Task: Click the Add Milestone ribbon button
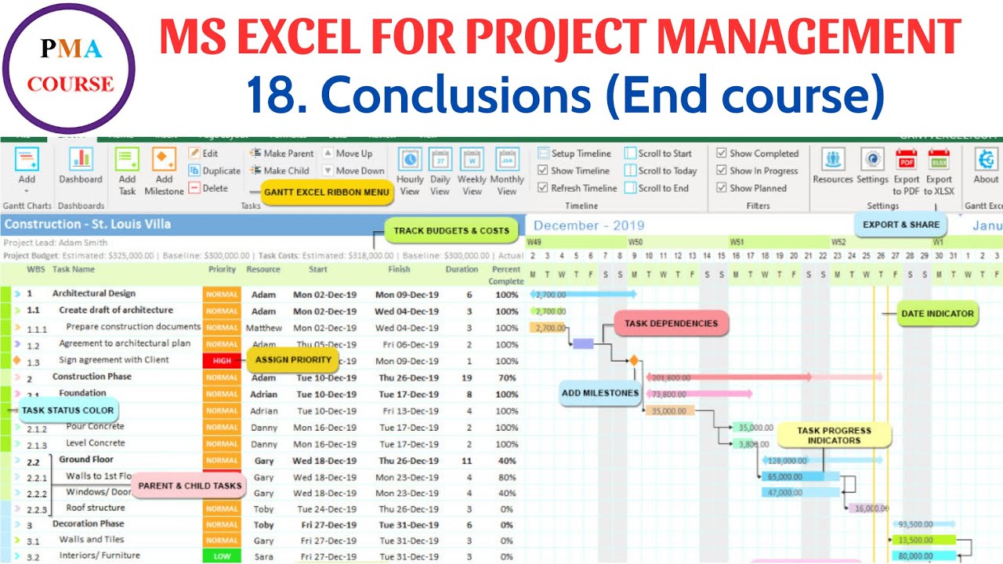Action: click(165, 172)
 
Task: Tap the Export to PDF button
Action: click(907, 172)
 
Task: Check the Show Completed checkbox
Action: click(722, 154)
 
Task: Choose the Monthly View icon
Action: click(507, 172)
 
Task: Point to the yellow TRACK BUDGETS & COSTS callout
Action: click(451, 231)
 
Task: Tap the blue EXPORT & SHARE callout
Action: click(900, 224)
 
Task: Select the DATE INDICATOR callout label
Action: click(937, 313)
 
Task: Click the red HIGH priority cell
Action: click(222, 361)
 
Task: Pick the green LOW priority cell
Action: click(222, 557)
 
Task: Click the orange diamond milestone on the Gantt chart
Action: click(633, 361)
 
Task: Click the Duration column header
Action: click(462, 269)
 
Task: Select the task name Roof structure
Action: click(95, 508)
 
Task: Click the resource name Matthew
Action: click(263, 328)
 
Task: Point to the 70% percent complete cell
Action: click(506, 378)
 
